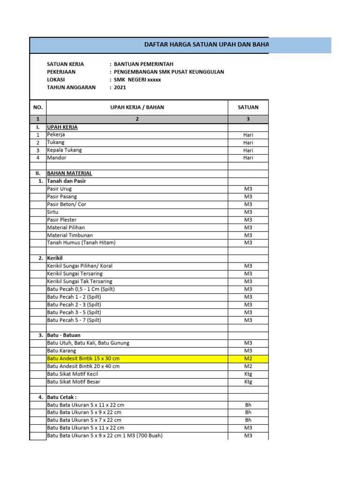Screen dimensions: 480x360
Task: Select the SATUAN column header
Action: (248, 107)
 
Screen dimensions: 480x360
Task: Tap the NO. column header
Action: (38, 107)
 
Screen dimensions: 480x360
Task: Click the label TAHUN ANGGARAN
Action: (71, 87)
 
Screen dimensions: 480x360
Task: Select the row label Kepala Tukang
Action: (64, 150)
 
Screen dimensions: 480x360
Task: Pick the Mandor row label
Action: (56, 158)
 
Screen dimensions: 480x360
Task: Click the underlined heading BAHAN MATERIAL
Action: (69, 173)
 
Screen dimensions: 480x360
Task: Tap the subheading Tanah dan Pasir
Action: (67, 181)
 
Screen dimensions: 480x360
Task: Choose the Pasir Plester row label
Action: (62, 219)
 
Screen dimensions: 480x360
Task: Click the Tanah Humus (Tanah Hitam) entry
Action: (81, 242)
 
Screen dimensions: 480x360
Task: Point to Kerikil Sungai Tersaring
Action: (75, 273)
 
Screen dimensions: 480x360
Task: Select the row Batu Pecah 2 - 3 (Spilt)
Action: (74, 304)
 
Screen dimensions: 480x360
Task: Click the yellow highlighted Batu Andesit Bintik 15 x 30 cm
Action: (83, 359)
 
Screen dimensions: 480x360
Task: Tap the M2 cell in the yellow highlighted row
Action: (248, 359)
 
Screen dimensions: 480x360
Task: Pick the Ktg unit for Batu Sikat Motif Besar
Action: (248, 382)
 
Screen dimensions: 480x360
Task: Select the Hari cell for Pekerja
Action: (248, 135)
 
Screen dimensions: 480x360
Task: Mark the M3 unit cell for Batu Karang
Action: (248, 351)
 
